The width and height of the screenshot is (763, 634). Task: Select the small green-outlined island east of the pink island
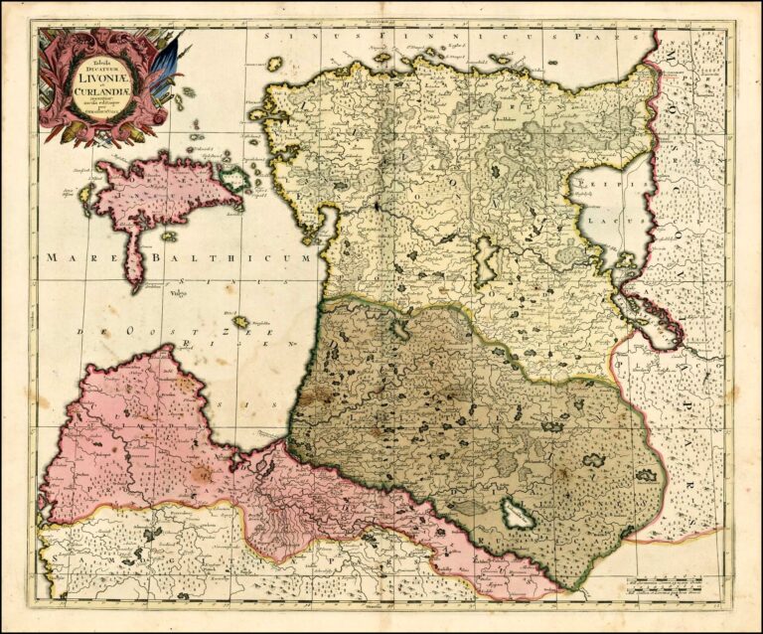(235, 179)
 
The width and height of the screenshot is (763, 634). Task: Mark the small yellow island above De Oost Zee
(241, 322)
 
